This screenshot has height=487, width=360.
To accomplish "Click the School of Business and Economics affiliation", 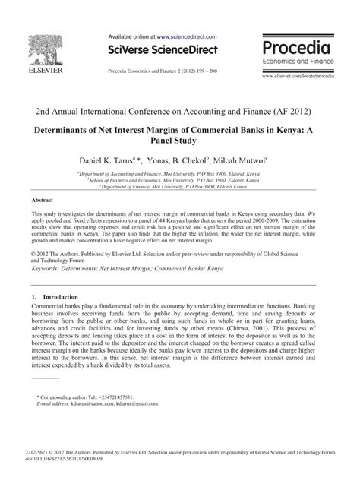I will (x=179, y=180).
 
